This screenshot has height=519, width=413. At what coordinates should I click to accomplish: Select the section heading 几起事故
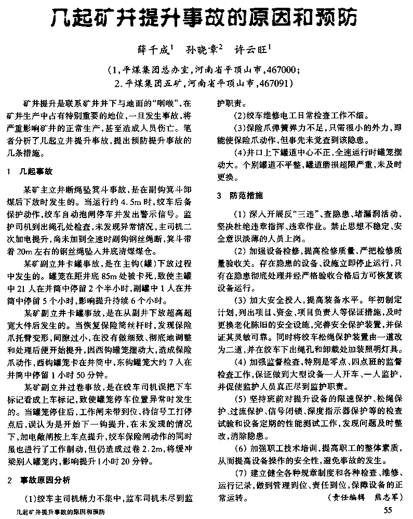(39, 171)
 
